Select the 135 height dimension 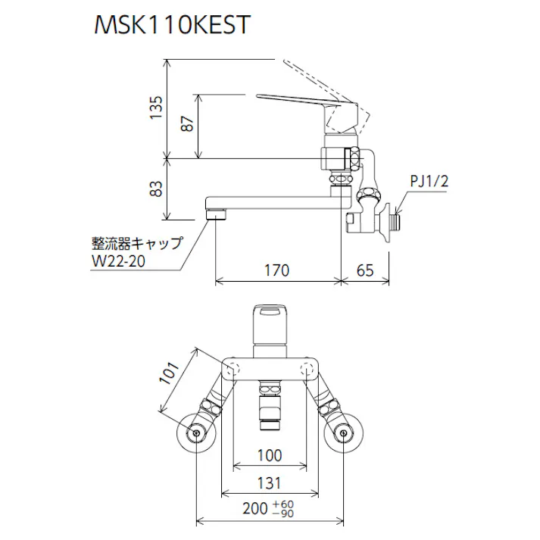click(156, 108)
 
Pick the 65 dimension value click(364, 268)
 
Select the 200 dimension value click(254, 510)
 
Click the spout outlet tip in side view click(217, 213)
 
